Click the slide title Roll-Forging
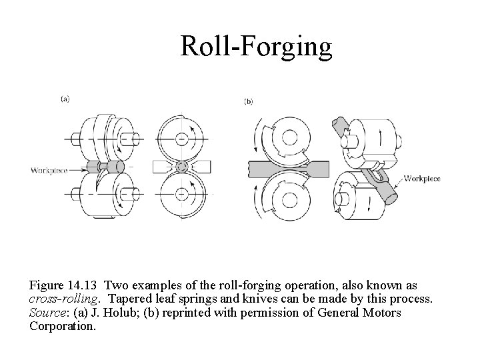tap(256, 47)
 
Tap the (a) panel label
tap(65, 99)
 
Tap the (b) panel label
tap(248, 101)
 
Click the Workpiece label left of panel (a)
tap(49, 170)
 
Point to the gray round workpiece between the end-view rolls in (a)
tap(179, 166)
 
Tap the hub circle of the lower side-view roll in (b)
tap(289, 197)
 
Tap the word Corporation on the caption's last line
tap(63, 327)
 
